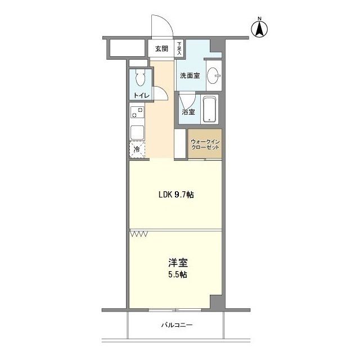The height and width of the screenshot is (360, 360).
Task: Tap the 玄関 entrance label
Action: pos(161,49)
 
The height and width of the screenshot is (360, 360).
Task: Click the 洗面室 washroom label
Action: pos(190,75)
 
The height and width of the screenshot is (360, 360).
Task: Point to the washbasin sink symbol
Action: pos(213,76)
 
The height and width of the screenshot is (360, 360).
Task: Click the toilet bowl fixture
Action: pos(141,78)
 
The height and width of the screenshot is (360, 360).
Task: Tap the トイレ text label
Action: pos(141,96)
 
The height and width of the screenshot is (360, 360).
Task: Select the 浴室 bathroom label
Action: pos(188,112)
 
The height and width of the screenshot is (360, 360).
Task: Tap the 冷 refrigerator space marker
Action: pos(137,149)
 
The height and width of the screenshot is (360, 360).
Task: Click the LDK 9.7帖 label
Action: pos(175,195)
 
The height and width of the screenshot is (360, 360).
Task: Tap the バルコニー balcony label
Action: pos(177,325)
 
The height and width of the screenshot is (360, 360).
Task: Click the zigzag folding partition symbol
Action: pos(138,233)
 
